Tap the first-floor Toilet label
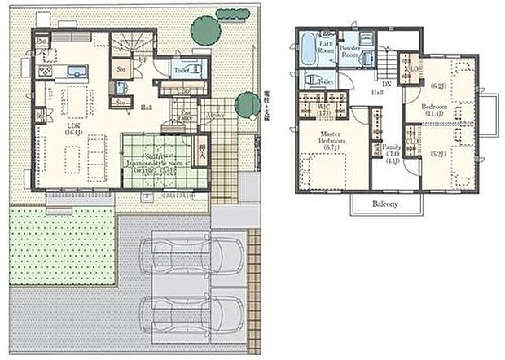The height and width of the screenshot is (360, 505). [182, 71]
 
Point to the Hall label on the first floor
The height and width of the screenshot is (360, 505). [146, 106]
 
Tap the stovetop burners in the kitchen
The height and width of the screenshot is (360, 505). [45, 70]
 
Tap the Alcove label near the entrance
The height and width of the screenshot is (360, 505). [216, 116]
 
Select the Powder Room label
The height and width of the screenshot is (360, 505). [350, 52]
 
